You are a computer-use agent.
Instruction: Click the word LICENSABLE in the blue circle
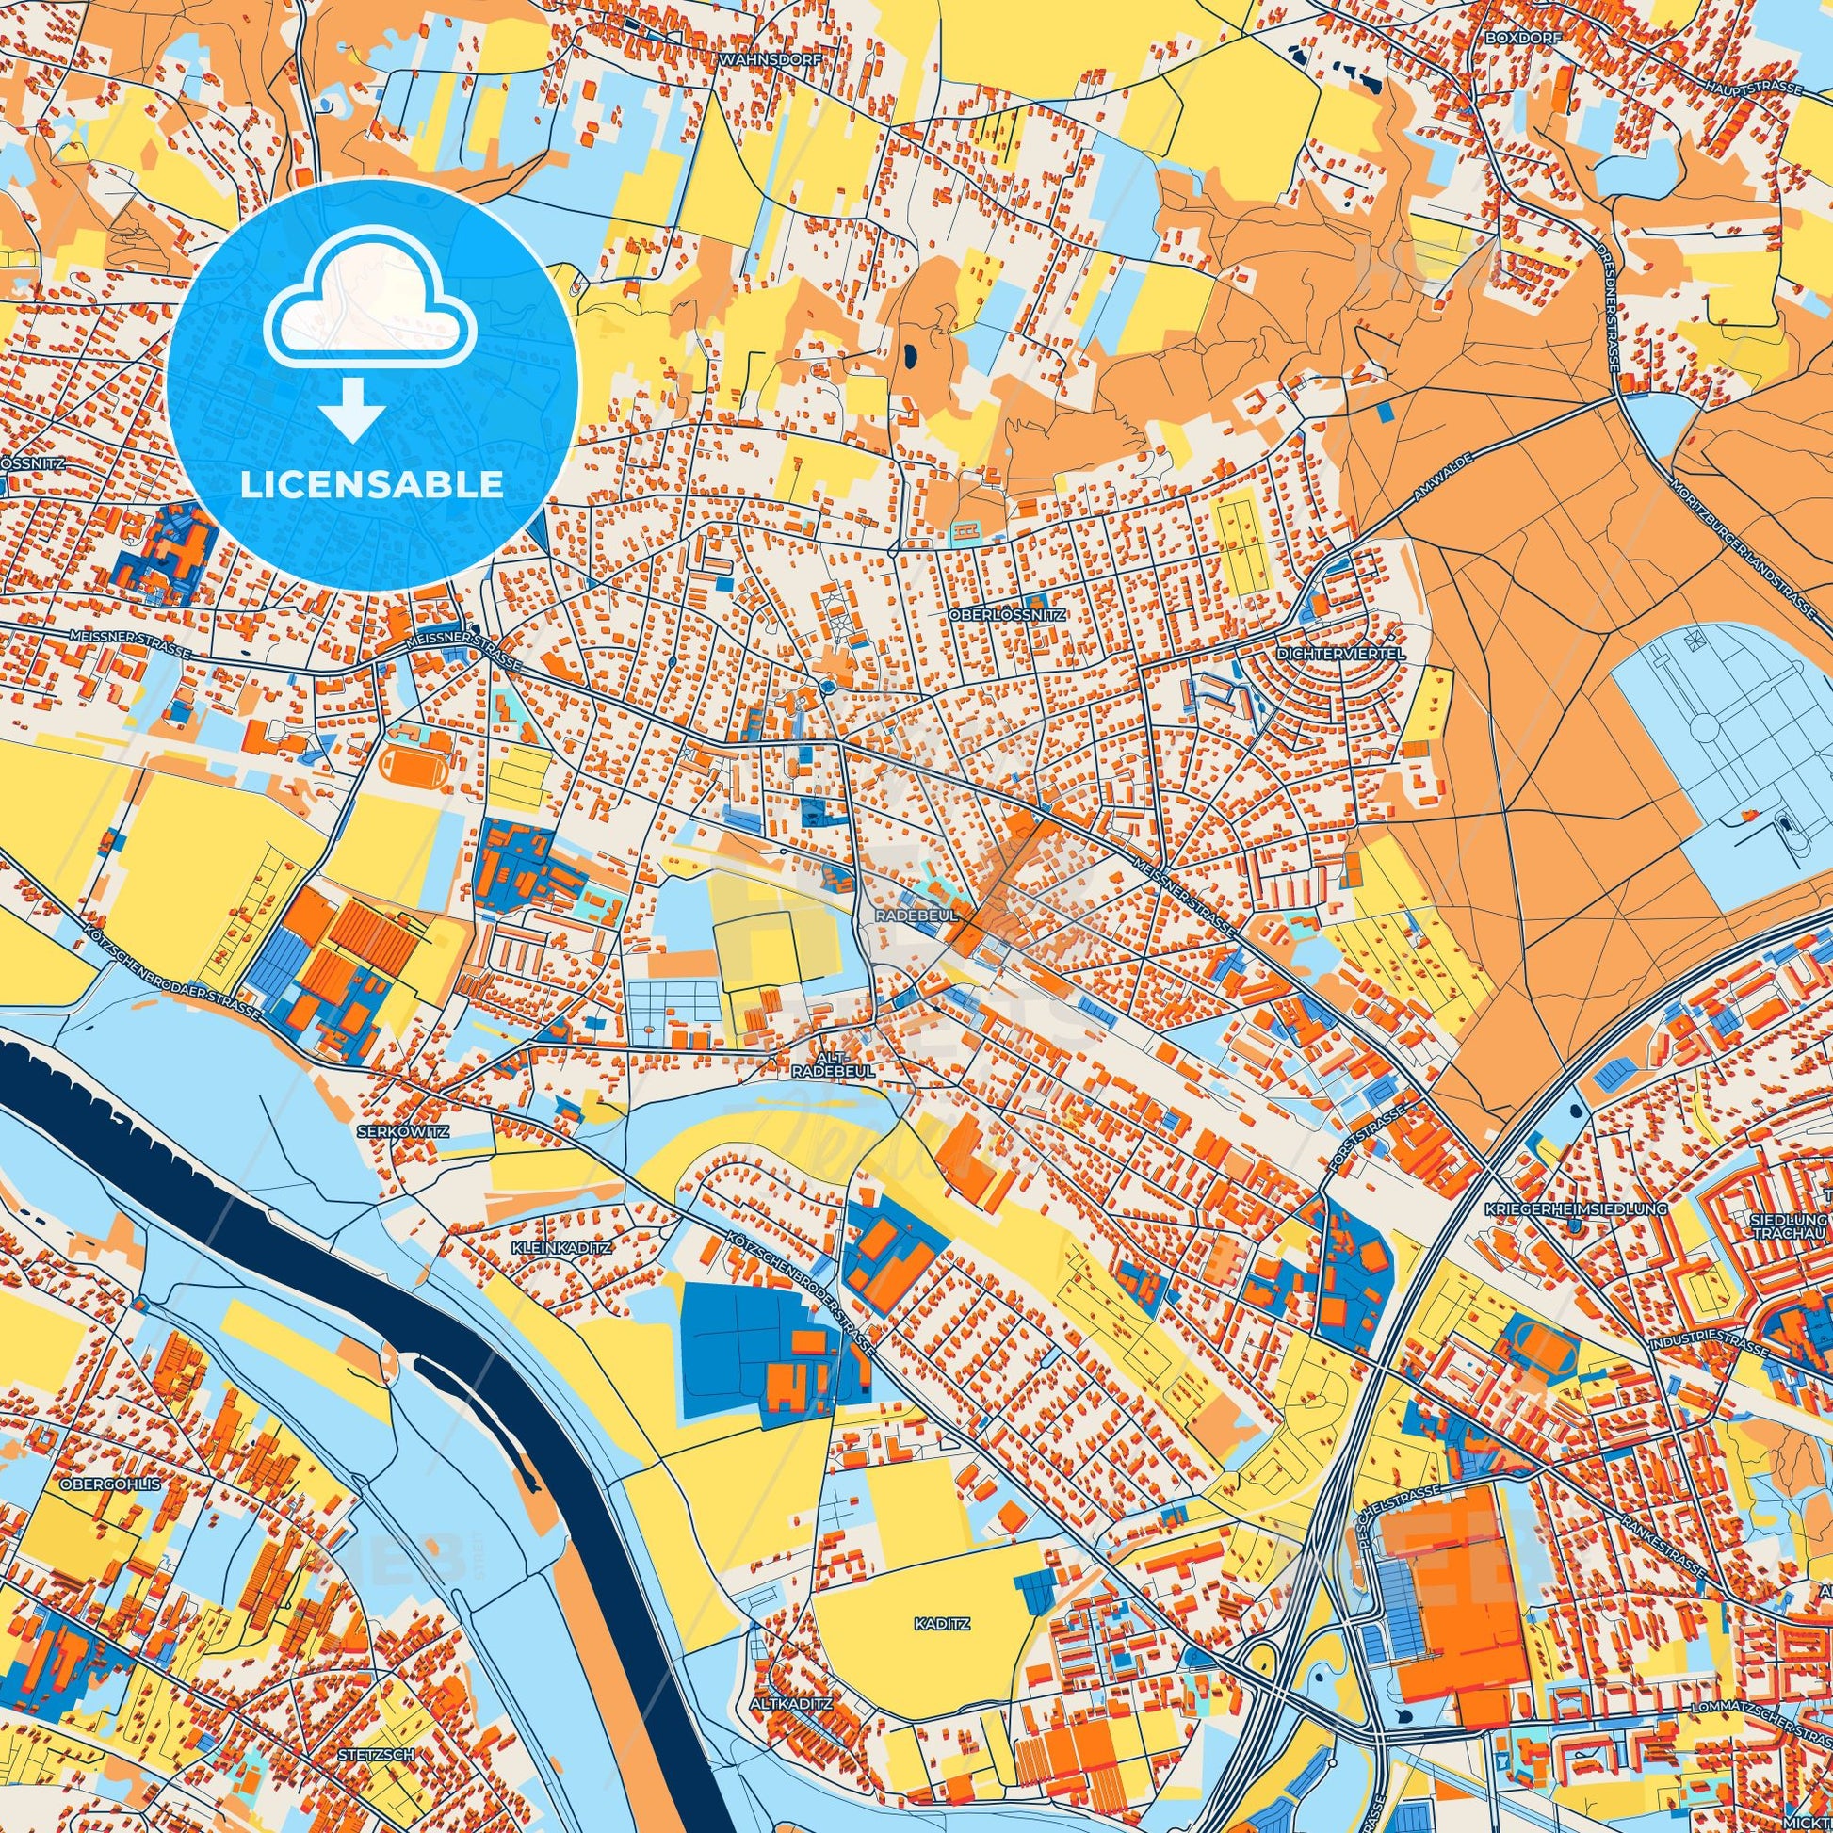coord(371,486)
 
